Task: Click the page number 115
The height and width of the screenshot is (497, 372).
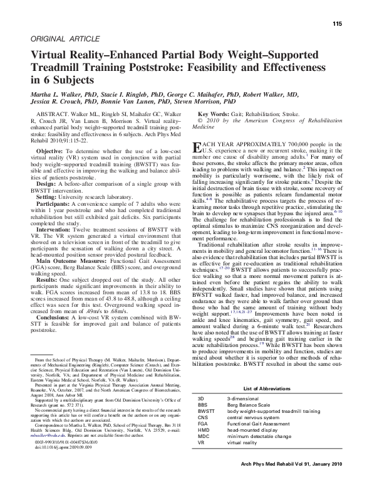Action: [x=336, y=24]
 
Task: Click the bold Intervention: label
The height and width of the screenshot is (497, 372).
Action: [x=55, y=229]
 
